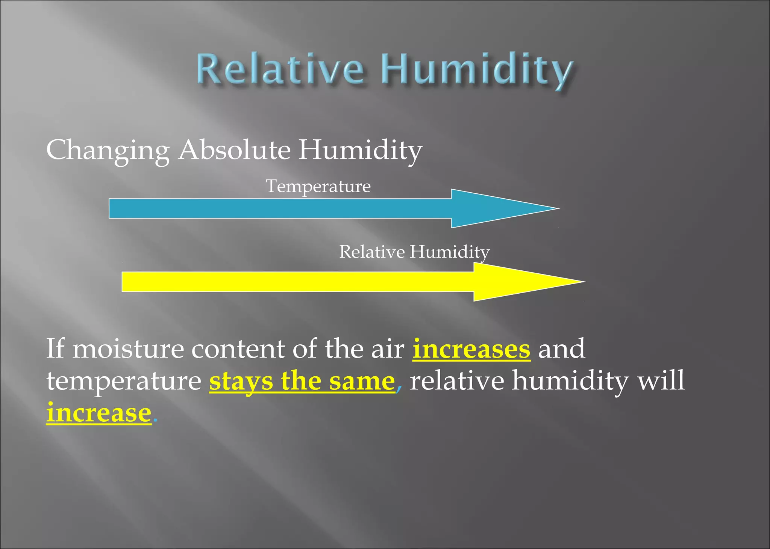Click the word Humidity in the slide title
pyautogui.click(x=476, y=70)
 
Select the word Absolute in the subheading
pyautogui.click(x=234, y=149)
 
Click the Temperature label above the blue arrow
pyautogui.click(x=318, y=186)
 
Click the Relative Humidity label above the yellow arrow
pyautogui.click(x=414, y=252)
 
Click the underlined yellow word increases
pyautogui.click(x=471, y=349)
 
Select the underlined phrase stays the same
pyautogui.click(x=302, y=381)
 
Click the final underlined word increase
pyautogui.click(x=99, y=413)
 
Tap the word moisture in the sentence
pyautogui.click(x=128, y=349)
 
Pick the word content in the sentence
pyautogui.click(x=238, y=349)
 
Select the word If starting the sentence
pyautogui.click(x=55, y=348)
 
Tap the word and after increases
pyautogui.click(x=562, y=349)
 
